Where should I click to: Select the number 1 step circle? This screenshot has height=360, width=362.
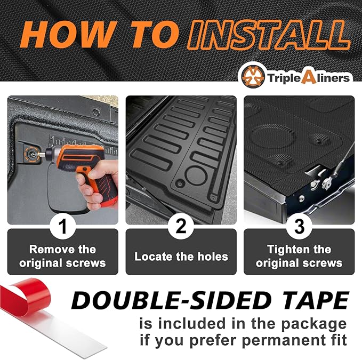(x=62, y=226)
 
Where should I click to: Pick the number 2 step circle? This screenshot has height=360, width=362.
(x=181, y=226)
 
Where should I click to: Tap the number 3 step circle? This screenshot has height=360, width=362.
(x=299, y=226)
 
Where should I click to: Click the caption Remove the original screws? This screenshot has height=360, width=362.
(x=62, y=256)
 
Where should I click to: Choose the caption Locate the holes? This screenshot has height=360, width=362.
(x=181, y=257)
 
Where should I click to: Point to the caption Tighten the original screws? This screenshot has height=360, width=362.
(x=299, y=256)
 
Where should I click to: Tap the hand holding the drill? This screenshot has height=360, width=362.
(x=101, y=184)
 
